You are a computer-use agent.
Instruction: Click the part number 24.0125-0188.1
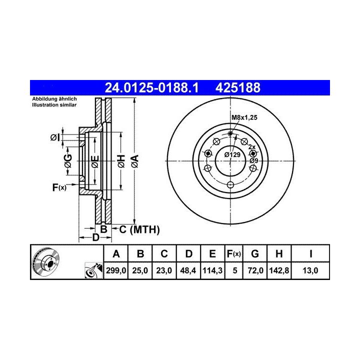(151, 87)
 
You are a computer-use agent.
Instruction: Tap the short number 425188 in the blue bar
(238, 87)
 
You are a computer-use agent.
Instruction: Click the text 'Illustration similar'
(54, 105)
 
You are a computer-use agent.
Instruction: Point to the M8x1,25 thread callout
(244, 117)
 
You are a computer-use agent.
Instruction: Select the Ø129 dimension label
(232, 154)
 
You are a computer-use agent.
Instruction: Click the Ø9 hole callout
(254, 160)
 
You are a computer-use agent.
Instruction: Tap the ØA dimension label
(135, 161)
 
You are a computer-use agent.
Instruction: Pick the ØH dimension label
(121, 161)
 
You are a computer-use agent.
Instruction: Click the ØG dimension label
(68, 160)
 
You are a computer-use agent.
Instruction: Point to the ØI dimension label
(55, 137)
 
